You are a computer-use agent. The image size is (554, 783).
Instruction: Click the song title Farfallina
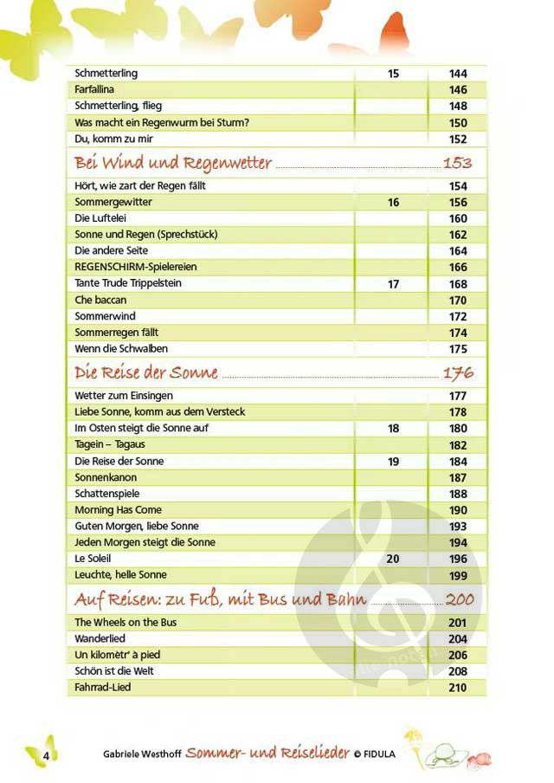94,90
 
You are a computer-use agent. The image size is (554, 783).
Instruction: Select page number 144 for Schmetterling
458,74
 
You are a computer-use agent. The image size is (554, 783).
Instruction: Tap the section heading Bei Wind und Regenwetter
173,163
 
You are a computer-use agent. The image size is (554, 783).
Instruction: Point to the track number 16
393,203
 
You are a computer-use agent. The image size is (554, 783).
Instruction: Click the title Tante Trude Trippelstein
128,283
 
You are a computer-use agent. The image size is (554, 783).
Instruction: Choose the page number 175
458,349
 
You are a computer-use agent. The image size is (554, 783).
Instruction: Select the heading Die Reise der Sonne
146,373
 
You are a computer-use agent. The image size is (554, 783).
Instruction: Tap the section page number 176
458,374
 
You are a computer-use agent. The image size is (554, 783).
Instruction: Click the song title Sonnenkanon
106,477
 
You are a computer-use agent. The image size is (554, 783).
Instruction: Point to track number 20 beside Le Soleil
393,559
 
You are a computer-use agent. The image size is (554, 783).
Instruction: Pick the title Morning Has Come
118,510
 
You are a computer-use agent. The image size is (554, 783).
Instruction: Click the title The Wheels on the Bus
126,623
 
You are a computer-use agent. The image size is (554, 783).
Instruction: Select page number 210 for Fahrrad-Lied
458,688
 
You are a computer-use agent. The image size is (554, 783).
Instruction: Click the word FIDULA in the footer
378,754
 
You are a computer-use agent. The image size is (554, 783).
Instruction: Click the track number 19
393,462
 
